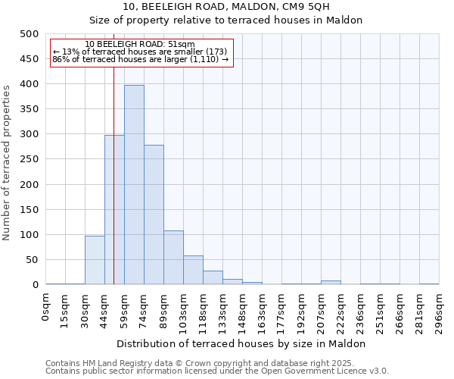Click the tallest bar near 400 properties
click(x=134, y=185)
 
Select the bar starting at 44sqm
click(x=114, y=210)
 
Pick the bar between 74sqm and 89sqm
click(x=154, y=215)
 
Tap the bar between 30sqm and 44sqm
click(x=95, y=260)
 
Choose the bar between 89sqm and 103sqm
click(x=173, y=258)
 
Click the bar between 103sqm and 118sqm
click(x=193, y=270)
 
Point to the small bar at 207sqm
click(x=331, y=282)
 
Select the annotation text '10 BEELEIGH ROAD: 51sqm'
click(x=140, y=44)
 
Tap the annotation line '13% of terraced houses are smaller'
click(x=140, y=52)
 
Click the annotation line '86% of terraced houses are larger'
click(x=140, y=59)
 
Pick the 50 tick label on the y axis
click(x=32, y=260)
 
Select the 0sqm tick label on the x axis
click(x=46, y=309)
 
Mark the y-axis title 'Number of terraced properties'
click(x=7, y=162)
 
